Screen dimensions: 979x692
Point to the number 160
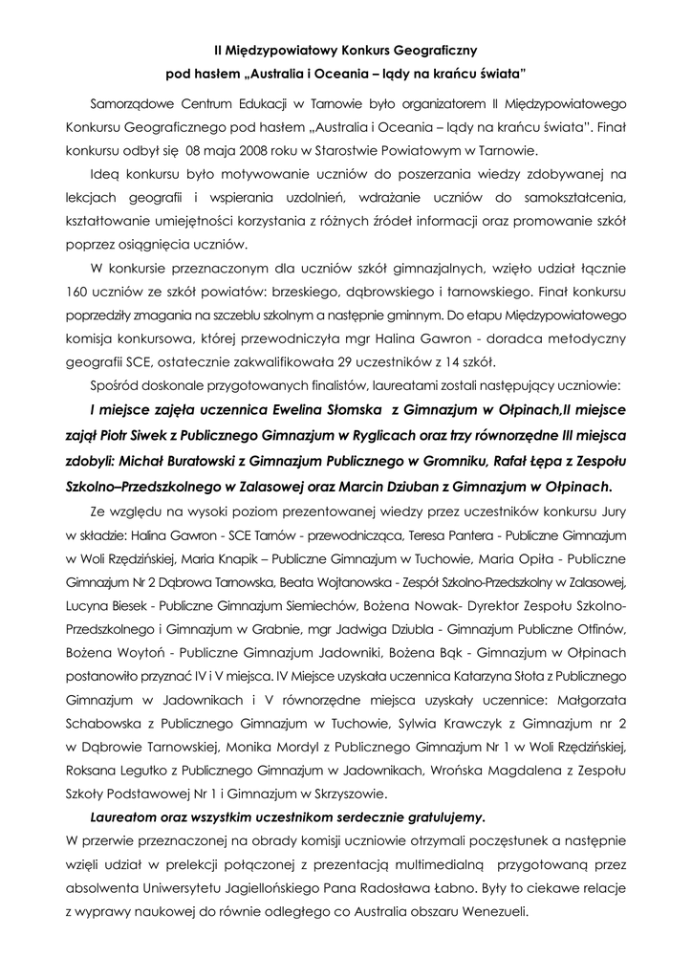point(81,288)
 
